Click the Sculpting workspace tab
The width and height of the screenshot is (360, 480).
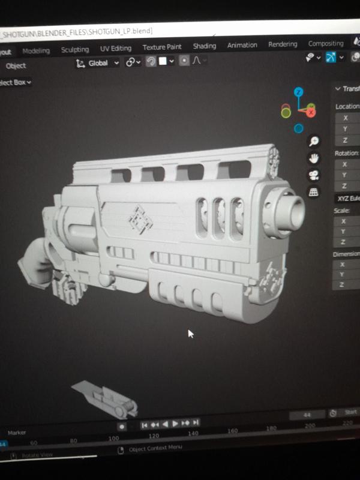[x=74, y=49]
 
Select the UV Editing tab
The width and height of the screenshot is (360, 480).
[x=115, y=48]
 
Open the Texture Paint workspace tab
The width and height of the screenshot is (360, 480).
[x=162, y=47]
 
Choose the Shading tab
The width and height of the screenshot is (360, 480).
[x=204, y=46]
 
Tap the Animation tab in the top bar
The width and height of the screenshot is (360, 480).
[x=242, y=45]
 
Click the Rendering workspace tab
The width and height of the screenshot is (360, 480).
[x=283, y=44]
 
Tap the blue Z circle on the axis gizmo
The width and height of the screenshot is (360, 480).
[x=298, y=92]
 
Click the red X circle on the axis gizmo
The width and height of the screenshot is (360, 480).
[x=311, y=111]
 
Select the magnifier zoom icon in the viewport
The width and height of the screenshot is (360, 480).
[x=313, y=142]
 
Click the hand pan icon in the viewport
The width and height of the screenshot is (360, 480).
[x=313, y=158]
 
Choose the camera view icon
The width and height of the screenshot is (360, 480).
[x=313, y=175]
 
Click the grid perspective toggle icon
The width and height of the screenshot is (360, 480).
[x=313, y=192]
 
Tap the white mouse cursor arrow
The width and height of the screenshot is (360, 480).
[x=191, y=334]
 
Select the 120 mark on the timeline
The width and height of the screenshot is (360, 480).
[x=154, y=436]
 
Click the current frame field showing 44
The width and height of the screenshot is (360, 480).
[x=307, y=415]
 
